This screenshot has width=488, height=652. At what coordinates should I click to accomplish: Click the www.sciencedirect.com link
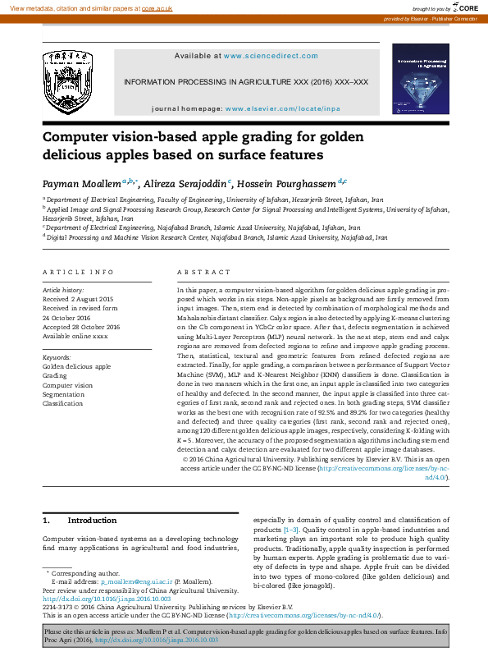click(x=270, y=57)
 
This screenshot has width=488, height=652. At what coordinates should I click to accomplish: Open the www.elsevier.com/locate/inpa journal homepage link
click(x=283, y=108)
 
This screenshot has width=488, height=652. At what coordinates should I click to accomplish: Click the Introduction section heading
click(x=91, y=521)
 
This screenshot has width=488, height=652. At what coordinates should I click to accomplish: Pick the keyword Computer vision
click(x=68, y=385)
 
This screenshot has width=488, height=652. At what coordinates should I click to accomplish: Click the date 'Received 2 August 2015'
click(x=78, y=299)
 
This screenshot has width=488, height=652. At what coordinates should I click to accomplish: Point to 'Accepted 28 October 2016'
click(x=80, y=327)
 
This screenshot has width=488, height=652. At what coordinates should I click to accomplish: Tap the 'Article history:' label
click(x=63, y=291)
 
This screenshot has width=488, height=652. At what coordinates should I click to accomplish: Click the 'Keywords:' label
click(x=57, y=358)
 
